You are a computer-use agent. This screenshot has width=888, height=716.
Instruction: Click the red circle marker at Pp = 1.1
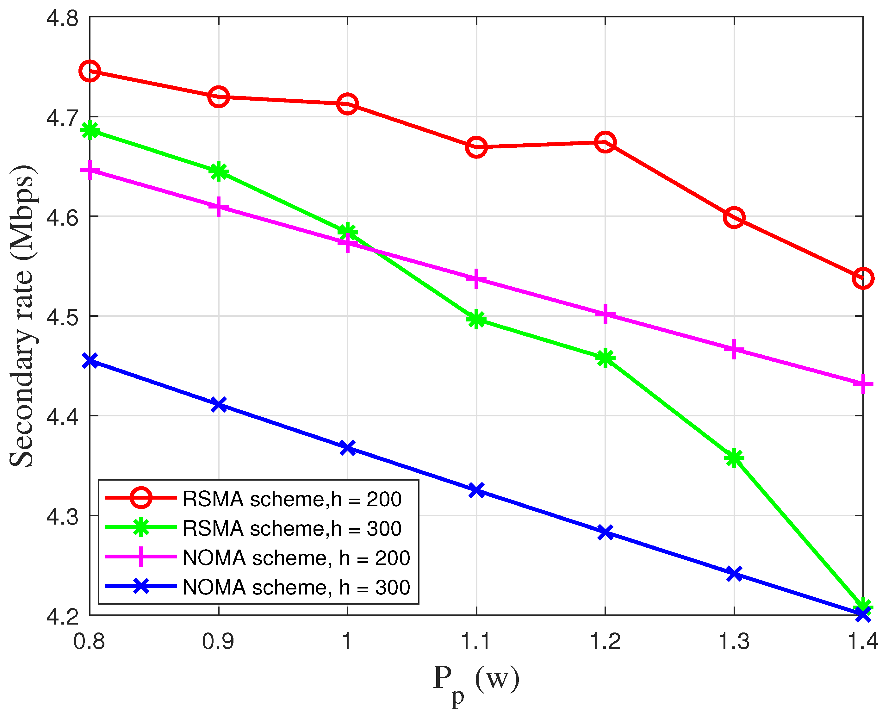pos(476,147)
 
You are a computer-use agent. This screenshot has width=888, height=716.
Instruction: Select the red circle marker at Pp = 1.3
pos(734,217)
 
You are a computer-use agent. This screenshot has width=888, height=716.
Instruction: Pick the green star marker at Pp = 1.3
pos(734,458)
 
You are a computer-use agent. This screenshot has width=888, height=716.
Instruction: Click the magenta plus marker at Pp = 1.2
pos(605,314)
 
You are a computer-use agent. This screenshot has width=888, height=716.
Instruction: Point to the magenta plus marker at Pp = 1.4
pos(863,384)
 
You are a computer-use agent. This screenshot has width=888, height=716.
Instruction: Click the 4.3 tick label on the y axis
pos(62,516)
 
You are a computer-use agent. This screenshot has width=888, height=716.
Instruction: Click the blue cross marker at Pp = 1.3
pos(734,573)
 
